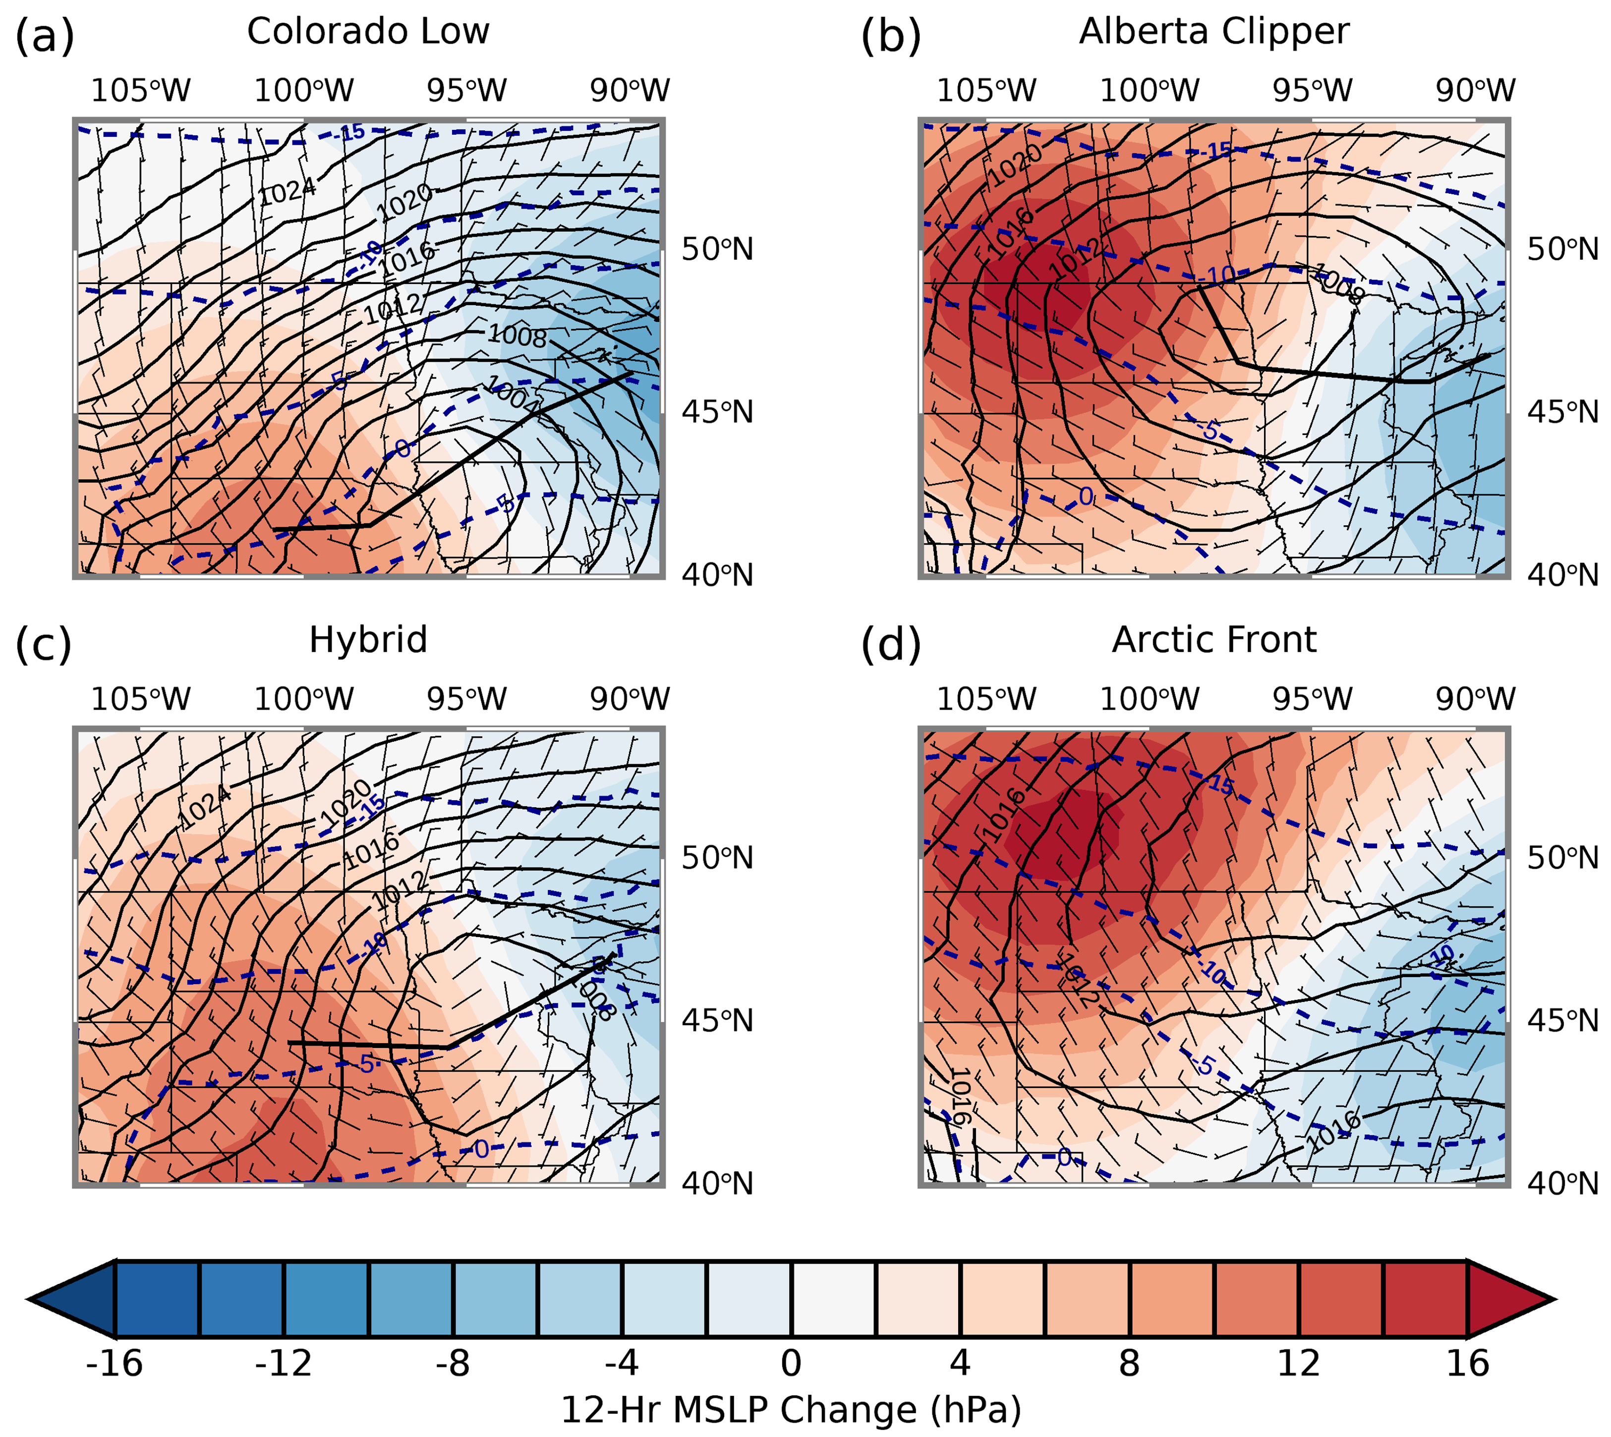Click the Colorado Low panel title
pos(368,32)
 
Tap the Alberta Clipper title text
pos(1214,32)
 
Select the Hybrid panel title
pos(368,640)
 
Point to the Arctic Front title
pos(1214,640)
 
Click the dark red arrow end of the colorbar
pos(1508,1299)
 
